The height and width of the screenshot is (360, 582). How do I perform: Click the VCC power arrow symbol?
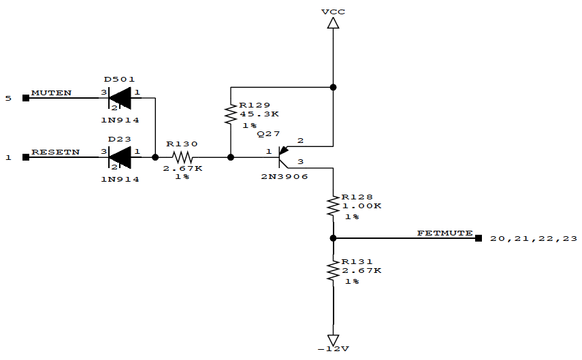[333, 23]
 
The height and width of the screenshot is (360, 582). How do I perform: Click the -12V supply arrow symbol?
[333, 339]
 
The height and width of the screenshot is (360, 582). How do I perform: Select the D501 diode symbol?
[120, 98]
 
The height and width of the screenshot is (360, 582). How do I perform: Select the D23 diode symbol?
[120, 157]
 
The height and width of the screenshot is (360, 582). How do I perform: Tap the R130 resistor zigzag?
[182, 157]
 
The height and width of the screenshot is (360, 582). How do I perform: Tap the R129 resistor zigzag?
[231, 114]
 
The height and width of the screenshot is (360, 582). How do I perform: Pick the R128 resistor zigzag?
[333, 206]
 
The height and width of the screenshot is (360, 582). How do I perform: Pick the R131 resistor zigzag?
[333, 271]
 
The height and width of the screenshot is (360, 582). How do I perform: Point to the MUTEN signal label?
[51, 93]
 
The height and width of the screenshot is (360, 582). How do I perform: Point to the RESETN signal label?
[55, 152]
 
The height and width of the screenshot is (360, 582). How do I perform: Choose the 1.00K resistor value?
[361, 206]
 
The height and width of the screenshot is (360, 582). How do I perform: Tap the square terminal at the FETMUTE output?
[479, 238]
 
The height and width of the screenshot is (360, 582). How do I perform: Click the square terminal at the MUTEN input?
[26, 98]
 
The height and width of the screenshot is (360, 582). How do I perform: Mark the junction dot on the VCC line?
[333, 87]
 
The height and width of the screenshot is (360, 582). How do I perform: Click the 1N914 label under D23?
[120, 179]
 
